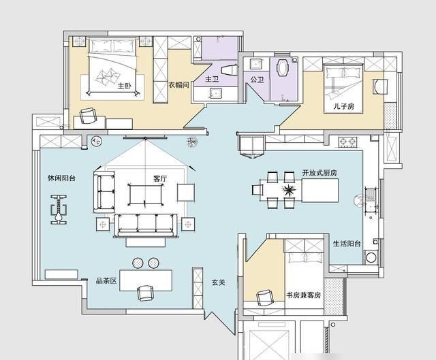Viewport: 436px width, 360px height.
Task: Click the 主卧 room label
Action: [x=124, y=86]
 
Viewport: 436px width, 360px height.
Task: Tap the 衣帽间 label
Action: [x=178, y=84]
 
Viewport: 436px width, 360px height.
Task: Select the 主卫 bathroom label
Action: [x=212, y=79]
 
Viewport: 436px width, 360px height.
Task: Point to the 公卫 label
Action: [x=257, y=80]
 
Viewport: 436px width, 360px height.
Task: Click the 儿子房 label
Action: [x=344, y=106]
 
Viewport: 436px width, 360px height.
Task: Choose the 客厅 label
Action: [x=160, y=178]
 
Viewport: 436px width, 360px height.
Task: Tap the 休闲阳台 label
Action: [x=61, y=178]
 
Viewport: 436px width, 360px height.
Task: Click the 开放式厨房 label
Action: [x=320, y=173]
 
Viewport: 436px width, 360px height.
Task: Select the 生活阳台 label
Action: [x=347, y=244]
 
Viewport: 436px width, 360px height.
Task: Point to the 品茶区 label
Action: [x=106, y=281]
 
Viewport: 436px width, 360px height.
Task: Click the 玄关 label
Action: [x=218, y=282]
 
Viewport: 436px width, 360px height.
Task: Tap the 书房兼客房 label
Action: [x=304, y=295]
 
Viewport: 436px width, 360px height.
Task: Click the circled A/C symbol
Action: [x=97, y=142]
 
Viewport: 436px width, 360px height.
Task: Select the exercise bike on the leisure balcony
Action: [x=59, y=210]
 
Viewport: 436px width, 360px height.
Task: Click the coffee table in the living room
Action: [x=145, y=195]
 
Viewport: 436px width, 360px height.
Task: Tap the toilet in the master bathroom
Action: [x=229, y=70]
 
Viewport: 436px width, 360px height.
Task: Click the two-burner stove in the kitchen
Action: [x=347, y=142]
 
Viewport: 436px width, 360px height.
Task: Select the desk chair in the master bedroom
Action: [x=89, y=116]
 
